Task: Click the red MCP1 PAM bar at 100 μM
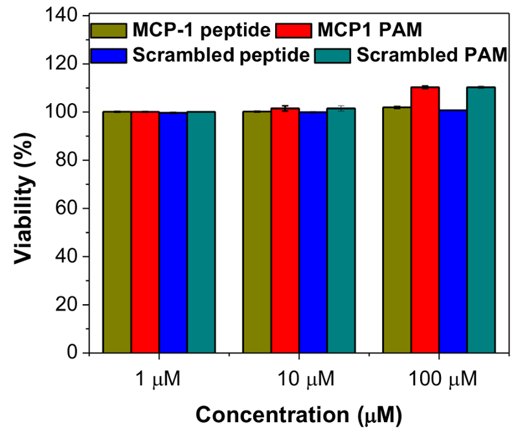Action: [425, 220]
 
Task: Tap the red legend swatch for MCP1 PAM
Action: [295, 30]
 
